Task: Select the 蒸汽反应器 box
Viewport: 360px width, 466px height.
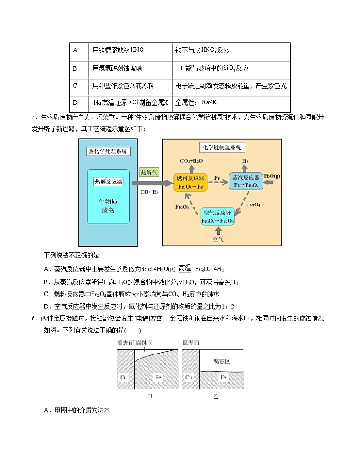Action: (246, 182)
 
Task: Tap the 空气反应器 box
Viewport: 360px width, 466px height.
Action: (218, 216)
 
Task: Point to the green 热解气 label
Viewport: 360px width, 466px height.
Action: (149, 172)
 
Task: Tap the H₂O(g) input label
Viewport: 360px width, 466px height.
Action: (272, 176)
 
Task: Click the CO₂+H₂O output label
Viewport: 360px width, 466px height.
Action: (191, 161)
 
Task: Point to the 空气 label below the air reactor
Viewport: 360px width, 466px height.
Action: (218, 238)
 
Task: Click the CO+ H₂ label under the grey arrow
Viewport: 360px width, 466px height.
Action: (149, 192)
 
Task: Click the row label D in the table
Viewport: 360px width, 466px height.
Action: (75, 103)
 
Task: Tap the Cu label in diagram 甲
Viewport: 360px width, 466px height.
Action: (124, 377)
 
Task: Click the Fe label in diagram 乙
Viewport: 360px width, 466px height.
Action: (223, 377)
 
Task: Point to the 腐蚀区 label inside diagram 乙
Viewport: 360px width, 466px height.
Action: (222, 361)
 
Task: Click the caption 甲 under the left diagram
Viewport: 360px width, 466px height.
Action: (150, 397)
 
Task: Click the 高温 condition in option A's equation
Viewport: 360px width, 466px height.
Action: (185, 268)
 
